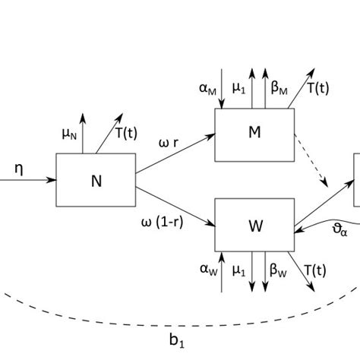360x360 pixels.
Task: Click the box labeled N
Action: click(x=96, y=180)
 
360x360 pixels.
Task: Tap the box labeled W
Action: click(x=254, y=225)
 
